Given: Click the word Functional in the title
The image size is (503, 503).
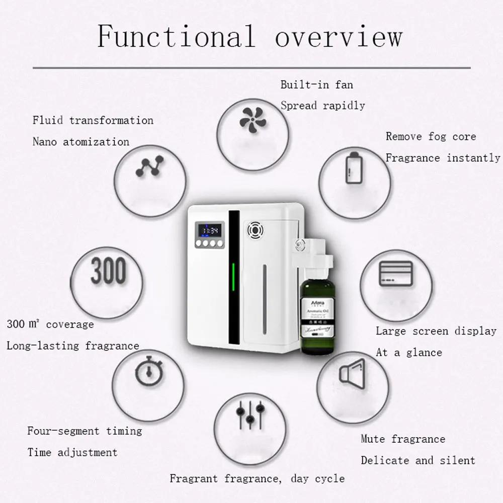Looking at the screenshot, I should pyautogui.click(x=176, y=36).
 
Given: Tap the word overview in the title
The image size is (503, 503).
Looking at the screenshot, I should pyautogui.click(x=339, y=36).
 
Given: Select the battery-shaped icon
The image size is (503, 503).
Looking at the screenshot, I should pyautogui.click(x=354, y=167).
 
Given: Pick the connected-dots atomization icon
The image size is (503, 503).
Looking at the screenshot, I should pyautogui.click(x=150, y=166).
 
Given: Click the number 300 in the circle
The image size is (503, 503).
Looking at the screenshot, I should pyautogui.click(x=108, y=272).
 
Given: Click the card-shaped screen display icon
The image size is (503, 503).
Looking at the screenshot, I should pyautogui.click(x=395, y=274).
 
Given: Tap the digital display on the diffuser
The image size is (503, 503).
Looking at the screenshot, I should pyautogui.click(x=209, y=230).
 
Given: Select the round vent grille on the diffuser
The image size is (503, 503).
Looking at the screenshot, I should pyautogui.click(x=255, y=230).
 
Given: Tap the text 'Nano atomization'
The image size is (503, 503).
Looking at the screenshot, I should pyautogui.click(x=81, y=142).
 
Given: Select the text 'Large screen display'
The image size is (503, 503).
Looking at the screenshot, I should pyautogui.click(x=436, y=331).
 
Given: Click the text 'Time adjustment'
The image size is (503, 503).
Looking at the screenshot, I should pyautogui.click(x=72, y=452).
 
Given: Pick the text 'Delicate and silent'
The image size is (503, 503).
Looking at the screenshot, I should pyautogui.click(x=418, y=460).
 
